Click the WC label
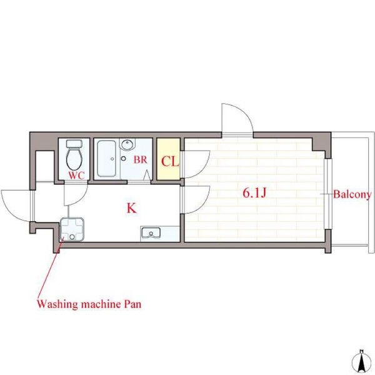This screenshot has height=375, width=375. (76, 176)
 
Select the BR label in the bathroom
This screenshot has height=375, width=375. (140, 160)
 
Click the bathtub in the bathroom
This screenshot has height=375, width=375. (107, 158)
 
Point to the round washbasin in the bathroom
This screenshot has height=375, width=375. (127, 144)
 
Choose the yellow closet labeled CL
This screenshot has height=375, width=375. (168, 159)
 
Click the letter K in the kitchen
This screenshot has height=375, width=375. (131, 208)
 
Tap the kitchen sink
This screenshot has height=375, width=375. (151, 232)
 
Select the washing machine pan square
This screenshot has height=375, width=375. (72, 229)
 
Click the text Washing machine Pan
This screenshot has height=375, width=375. (89, 304)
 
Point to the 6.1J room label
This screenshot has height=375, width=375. (254, 192)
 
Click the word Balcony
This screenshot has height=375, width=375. (352, 194)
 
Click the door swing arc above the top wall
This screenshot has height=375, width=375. (244, 112)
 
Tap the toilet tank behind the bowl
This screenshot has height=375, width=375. (74, 144)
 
